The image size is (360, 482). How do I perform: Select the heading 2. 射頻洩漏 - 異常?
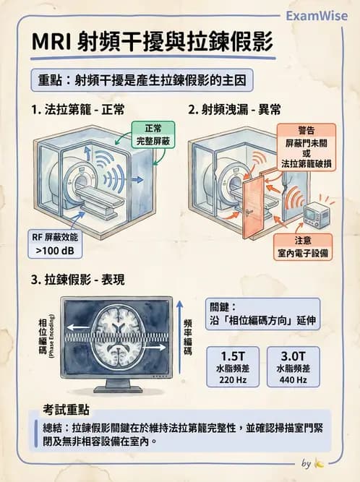(235, 110)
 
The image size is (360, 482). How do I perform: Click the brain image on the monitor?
(120, 335)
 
